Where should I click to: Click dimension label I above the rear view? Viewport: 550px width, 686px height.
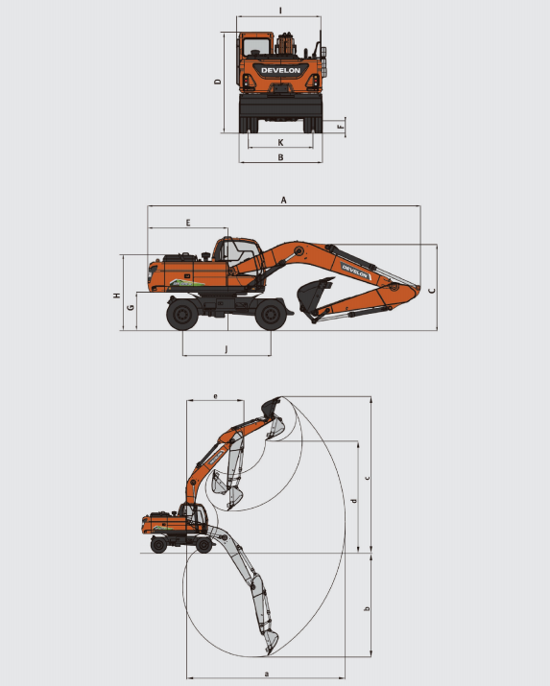click(x=280, y=10)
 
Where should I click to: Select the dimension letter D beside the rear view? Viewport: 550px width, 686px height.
click(x=218, y=82)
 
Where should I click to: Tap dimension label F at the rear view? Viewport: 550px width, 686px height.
click(x=341, y=127)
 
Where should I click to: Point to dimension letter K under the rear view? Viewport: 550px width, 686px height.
click(x=280, y=142)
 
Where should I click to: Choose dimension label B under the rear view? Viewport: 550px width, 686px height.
click(x=280, y=157)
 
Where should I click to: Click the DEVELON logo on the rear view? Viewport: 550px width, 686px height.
click(x=281, y=70)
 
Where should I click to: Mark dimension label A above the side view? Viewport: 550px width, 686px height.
click(x=283, y=200)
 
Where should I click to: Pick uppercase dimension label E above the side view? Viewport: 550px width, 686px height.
click(x=188, y=223)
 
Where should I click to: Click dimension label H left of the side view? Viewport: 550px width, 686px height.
click(x=117, y=296)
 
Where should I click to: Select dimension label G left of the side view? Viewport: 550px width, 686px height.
click(x=131, y=308)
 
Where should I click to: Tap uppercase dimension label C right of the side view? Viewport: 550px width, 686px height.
click(x=431, y=291)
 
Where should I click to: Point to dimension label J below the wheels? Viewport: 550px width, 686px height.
click(x=227, y=348)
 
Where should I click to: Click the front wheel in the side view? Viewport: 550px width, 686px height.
click(x=271, y=314)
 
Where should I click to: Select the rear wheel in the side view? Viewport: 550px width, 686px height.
click(x=182, y=314)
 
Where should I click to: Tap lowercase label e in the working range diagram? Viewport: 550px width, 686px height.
click(x=215, y=396)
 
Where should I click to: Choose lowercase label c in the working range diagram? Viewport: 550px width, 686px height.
click(x=367, y=478)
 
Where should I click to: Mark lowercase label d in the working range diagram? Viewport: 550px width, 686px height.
click(x=354, y=501)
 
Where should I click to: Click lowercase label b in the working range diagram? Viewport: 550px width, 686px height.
click(x=367, y=608)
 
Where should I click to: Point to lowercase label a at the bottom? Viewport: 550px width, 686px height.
click(x=267, y=674)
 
